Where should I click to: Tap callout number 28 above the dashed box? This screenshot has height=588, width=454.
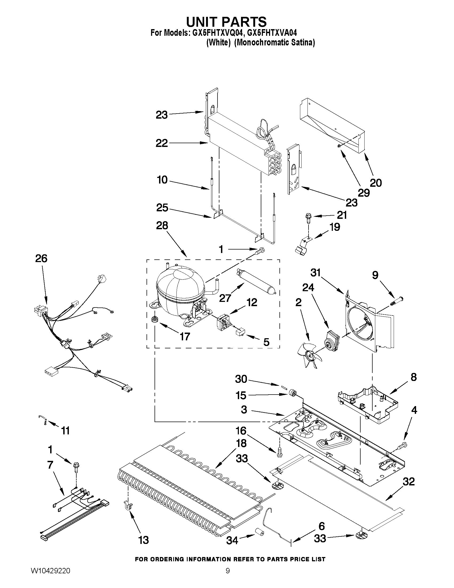(162, 226)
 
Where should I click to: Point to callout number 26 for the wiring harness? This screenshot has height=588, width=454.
(41, 259)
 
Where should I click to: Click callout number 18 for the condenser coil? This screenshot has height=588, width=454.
(241, 443)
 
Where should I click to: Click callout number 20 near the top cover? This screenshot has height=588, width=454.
(376, 183)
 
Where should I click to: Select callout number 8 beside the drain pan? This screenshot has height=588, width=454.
(413, 377)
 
